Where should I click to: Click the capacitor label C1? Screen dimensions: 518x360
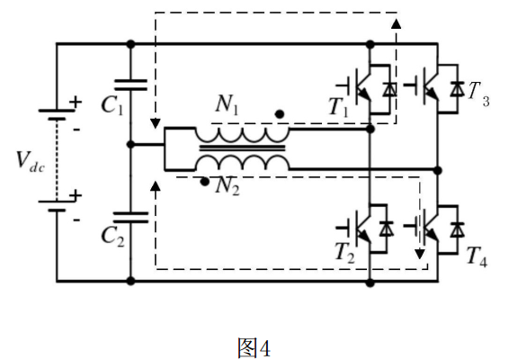pyautogui.click(x=112, y=105)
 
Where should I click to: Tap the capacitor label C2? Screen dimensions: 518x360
pyautogui.click(x=112, y=237)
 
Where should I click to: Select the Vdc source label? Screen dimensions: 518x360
pyautogui.click(x=31, y=162)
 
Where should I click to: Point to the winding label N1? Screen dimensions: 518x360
pyautogui.click(x=227, y=104)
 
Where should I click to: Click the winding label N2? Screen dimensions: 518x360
pyautogui.click(x=228, y=186)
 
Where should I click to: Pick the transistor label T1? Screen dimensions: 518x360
pyautogui.click(x=339, y=107)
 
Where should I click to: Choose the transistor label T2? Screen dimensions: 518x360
pyautogui.click(x=344, y=253)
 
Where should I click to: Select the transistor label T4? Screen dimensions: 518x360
pyautogui.click(x=477, y=256)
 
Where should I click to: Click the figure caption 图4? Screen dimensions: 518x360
pyautogui.click(x=254, y=347)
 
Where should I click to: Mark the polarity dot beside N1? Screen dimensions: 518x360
pyautogui.click(x=280, y=114)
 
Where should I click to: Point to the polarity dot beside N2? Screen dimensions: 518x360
pyautogui.click(x=205, y=182)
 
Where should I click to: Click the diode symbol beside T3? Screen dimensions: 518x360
pyautogui.click(x=458, y=89)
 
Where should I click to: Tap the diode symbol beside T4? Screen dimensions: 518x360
pyautogui.click(x=458, y=229)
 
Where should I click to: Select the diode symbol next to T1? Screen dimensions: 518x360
pyautogui.click(x=389, y=89)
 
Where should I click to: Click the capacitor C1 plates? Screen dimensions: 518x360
pyautogui.click(x=130, y=85)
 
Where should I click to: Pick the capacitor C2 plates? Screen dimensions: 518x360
pyautogui.click(x=130, y=217)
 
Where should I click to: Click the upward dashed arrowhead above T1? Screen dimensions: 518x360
pyautogui.click(x=397, y=23)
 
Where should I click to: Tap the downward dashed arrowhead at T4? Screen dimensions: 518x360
pyautogui.click(x=420, y=254)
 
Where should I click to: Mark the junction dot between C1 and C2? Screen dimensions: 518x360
pyautogui.click(x=131, y=145)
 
